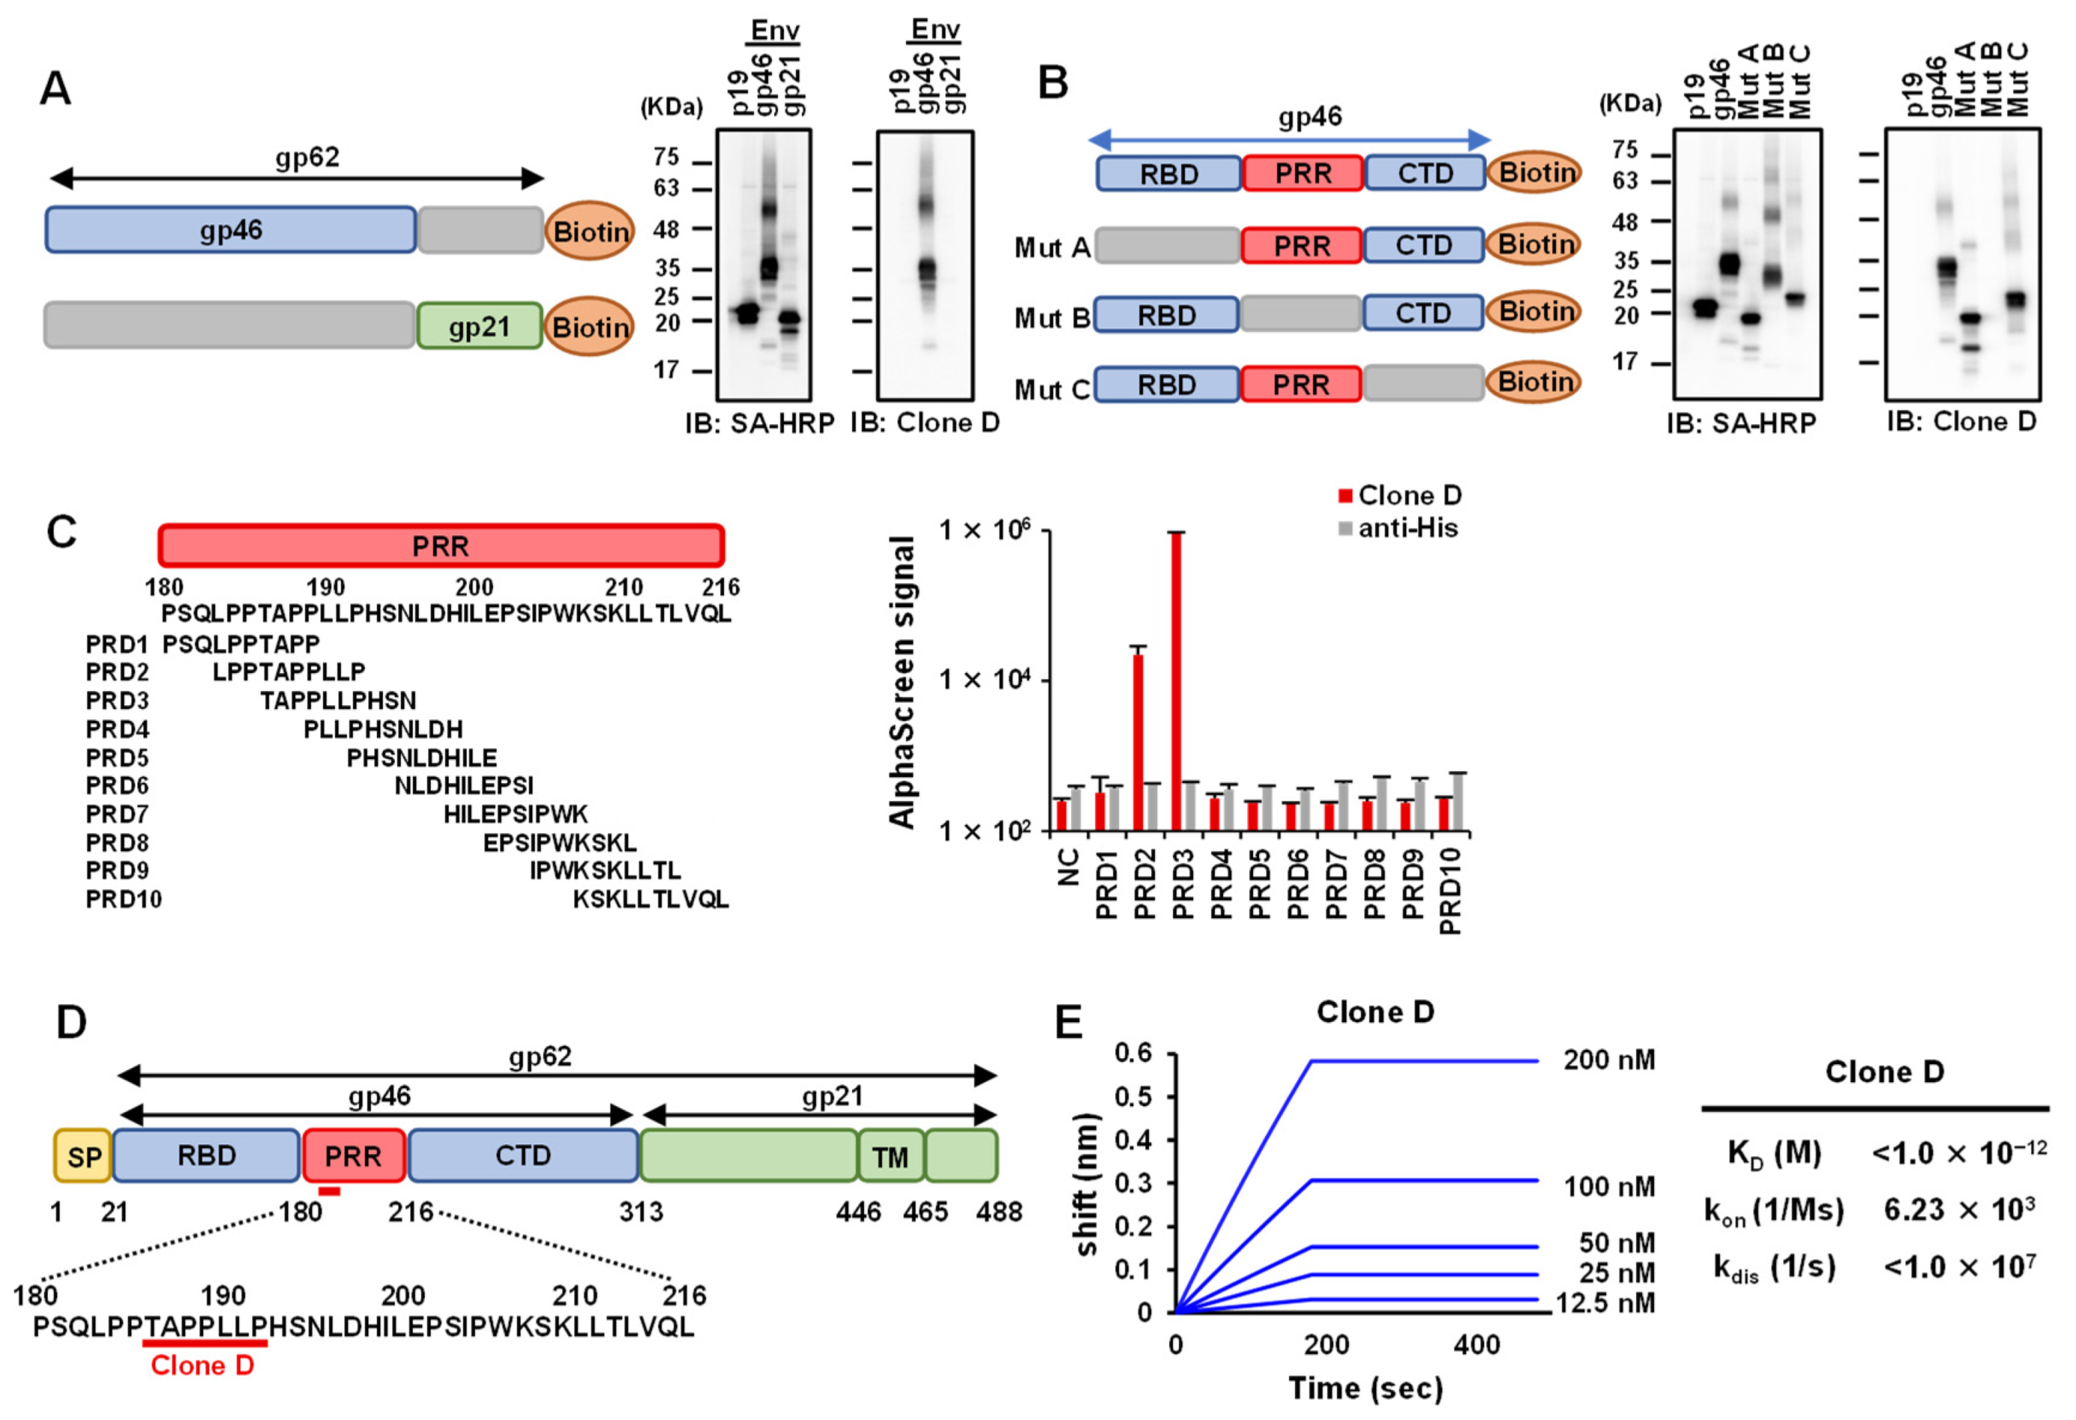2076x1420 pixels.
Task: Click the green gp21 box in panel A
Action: click(x=480, y=326)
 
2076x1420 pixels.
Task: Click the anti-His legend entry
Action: click(x=1398, y=529)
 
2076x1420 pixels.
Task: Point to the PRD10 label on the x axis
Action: click(x=1451, y=891)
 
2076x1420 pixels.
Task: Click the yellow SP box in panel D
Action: click(x=83, y=1157)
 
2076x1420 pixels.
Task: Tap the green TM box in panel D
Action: click(x=890, y=1157)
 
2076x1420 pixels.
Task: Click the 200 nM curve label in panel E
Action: click(x=1609, y=1060)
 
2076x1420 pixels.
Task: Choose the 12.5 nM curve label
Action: click(x=1605, y=1303)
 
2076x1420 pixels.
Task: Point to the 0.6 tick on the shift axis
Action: click(x=1133, y=1055)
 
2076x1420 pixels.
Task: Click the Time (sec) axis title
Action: click(x=1366, y=1388)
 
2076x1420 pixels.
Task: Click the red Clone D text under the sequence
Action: click(x=203, y=1365)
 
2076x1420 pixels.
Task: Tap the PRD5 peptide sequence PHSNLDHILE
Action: click(x=422, y=758)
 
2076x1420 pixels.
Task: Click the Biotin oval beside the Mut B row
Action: click(x=1534, y=312)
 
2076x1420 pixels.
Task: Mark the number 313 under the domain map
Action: click(x=641, y=1212)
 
